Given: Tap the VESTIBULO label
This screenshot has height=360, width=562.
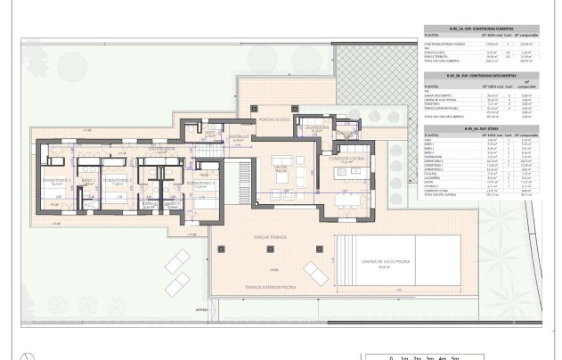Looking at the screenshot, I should [x=237, y=136].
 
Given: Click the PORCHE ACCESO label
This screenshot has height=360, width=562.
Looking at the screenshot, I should [x=270, y=119].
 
